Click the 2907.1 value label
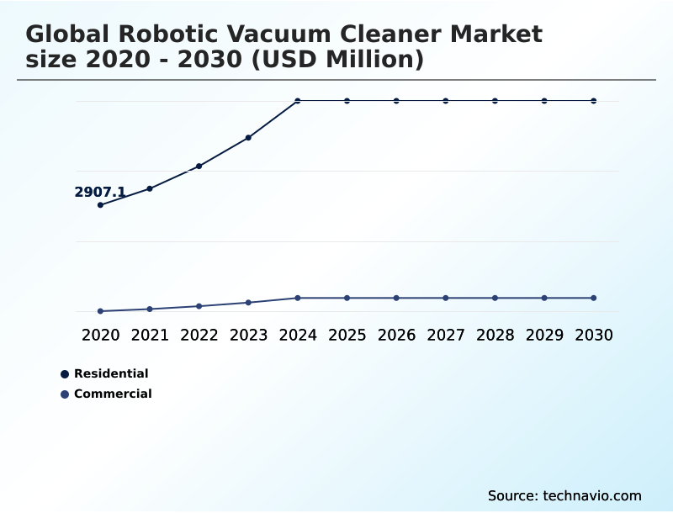[100, 193]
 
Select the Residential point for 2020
[100, 205]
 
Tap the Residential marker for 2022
[199, 167]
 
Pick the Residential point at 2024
[298, 101]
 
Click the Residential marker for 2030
[594, 101]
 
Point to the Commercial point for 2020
[100, 311]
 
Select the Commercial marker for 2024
[298, 298]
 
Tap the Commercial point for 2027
[446, 298]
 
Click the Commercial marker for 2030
[594, 298]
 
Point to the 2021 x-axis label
[150, 335]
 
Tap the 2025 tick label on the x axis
[347, 335]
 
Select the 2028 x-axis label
[495, 335]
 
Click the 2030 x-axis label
[594, 335]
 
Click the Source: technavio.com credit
[564, 495]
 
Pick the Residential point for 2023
[248, 137]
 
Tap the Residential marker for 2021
[150, 188]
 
